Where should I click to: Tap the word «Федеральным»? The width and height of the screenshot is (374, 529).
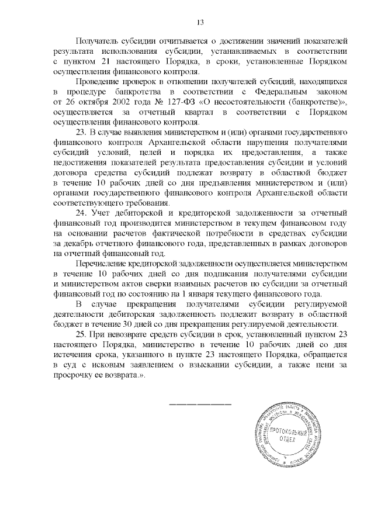283,94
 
